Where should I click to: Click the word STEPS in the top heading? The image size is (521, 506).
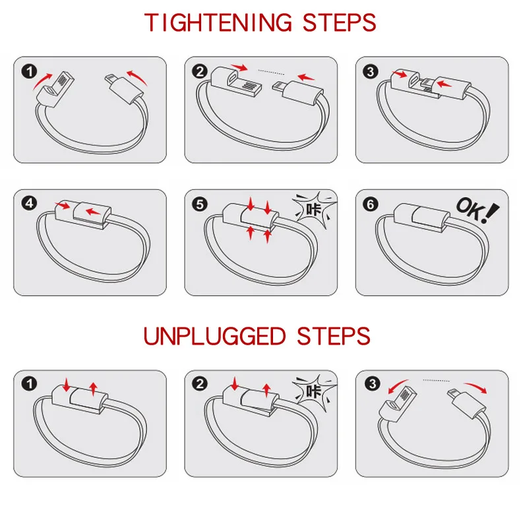coord(339,22)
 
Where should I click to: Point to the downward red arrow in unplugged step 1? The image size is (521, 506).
coord(67,383)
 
